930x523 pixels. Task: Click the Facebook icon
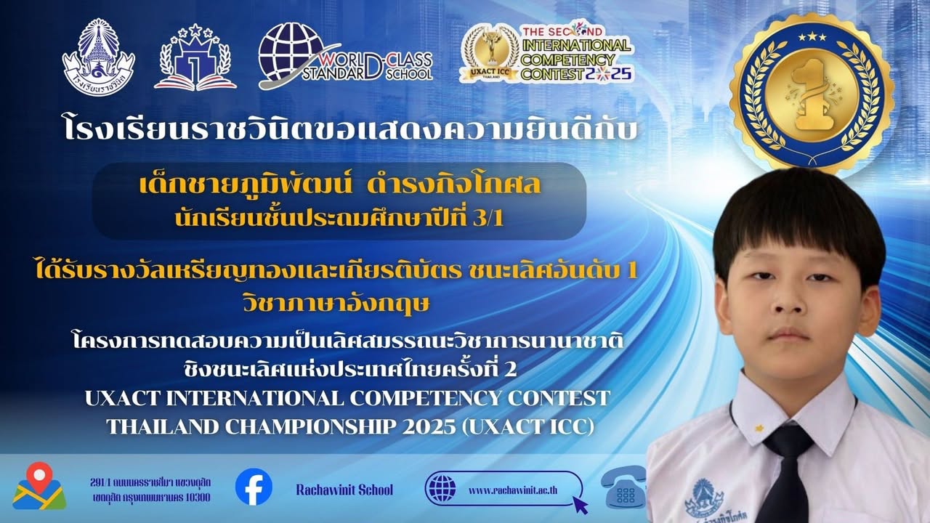[x=254, y=487]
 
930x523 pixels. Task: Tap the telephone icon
[x=623, y=487]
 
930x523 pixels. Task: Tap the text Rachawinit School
[x=344, y=490]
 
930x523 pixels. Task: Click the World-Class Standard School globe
[x=292, y=52]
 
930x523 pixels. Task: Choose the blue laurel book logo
[x=195, y=57]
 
